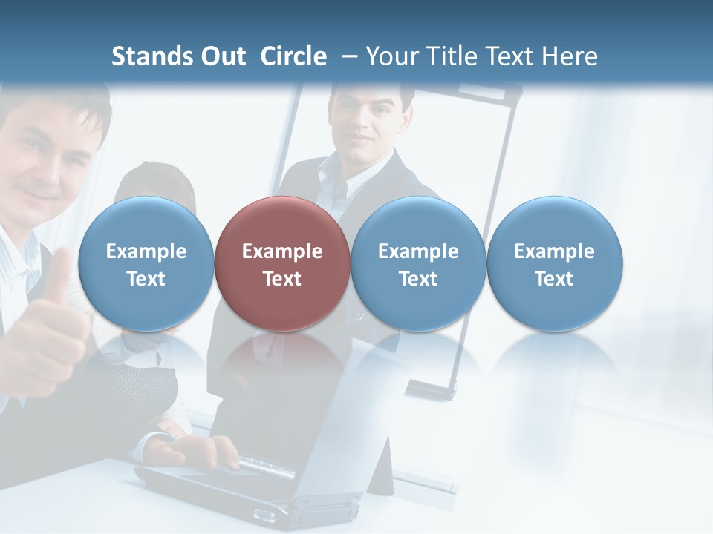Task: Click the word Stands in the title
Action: pyautogui.click(x=151, y=56)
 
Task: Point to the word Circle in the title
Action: pyautogui.click(x=293, y=56)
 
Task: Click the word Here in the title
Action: pyautogui.click(x=570, y=56)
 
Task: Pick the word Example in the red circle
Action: pyautogui.click(x=282, y=251)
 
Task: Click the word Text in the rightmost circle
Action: pyautogui.click(x=554, y=279)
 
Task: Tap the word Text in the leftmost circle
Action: pyautogui.click(x=146, y=279)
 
